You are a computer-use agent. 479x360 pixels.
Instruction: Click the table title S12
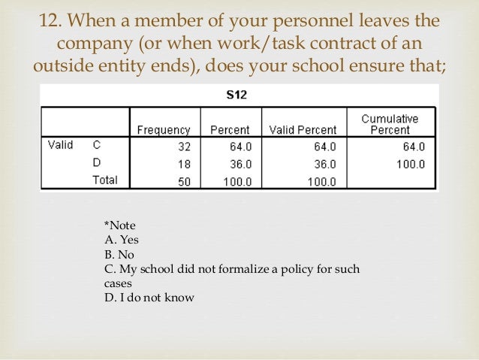pos(238,95)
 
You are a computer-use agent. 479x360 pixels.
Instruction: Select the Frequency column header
pos(163,130)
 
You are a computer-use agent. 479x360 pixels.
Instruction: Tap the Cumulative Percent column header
pos(390,125)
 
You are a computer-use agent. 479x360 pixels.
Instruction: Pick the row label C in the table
pos(96,147)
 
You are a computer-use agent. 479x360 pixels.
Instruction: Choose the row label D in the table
pos(96,163)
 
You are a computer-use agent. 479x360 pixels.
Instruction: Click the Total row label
pos(105,180)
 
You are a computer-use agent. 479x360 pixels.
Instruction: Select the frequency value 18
pos(185,164)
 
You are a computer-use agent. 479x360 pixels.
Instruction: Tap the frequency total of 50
pos(185,180)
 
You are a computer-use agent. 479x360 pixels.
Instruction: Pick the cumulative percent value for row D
pos(410,164)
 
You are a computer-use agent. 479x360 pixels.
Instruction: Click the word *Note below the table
pos(119,225)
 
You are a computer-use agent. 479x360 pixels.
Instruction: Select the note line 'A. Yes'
pos(121,240)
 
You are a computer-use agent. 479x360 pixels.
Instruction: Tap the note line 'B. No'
pos(119,254)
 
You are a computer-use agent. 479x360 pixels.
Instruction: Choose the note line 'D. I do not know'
pos(149,298)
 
